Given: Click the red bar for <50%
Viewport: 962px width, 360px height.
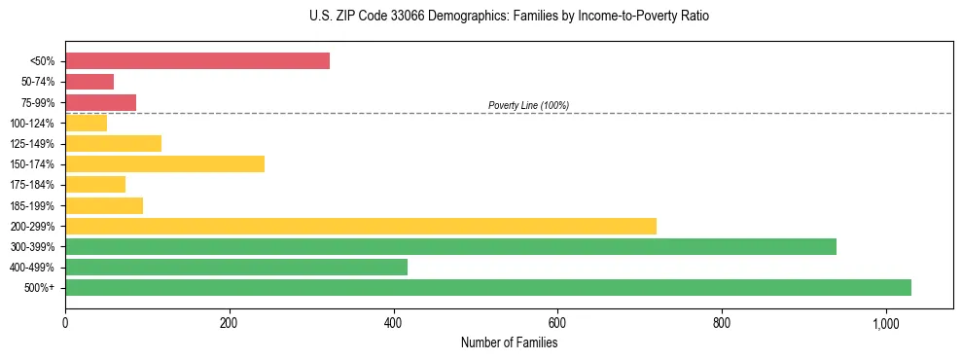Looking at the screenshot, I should click(197, 61).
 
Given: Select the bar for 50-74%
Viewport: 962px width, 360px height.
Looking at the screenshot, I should click(89, 82).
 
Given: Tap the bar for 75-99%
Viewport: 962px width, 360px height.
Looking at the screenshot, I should click(100, 102).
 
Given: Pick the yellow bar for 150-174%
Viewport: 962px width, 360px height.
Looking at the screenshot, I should click(164, 164).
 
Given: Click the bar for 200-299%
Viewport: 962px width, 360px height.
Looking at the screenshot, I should click(361, 226).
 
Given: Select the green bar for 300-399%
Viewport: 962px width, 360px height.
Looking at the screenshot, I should click(450, 246).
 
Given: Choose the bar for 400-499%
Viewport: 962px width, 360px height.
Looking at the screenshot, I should click(236, 267).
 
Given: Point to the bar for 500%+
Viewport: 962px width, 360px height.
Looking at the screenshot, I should click(488, 287).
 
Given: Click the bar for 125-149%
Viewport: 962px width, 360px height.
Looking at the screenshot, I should click(113, 144).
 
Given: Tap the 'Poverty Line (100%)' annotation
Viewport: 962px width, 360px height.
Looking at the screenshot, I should click(528, 105).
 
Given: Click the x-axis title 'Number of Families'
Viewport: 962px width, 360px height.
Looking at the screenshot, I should click(509, 342).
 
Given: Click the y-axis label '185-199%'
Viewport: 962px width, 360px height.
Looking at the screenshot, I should click(32, 205).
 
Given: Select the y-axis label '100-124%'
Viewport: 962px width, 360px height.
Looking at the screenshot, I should click(32, 124).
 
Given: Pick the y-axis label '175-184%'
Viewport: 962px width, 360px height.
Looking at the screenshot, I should click(32, 185).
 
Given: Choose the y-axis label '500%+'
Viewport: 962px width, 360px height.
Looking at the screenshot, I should click(40, 288).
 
